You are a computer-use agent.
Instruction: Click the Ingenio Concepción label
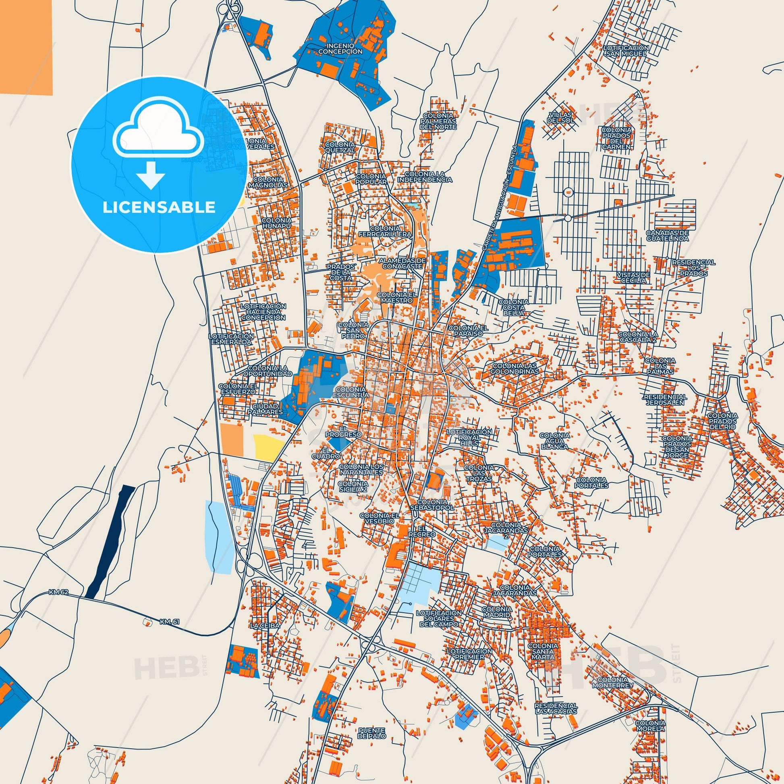[340, 49]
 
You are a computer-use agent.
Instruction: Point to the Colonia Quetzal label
[340, 147]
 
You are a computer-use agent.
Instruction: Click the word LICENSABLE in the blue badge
[159, 207]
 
